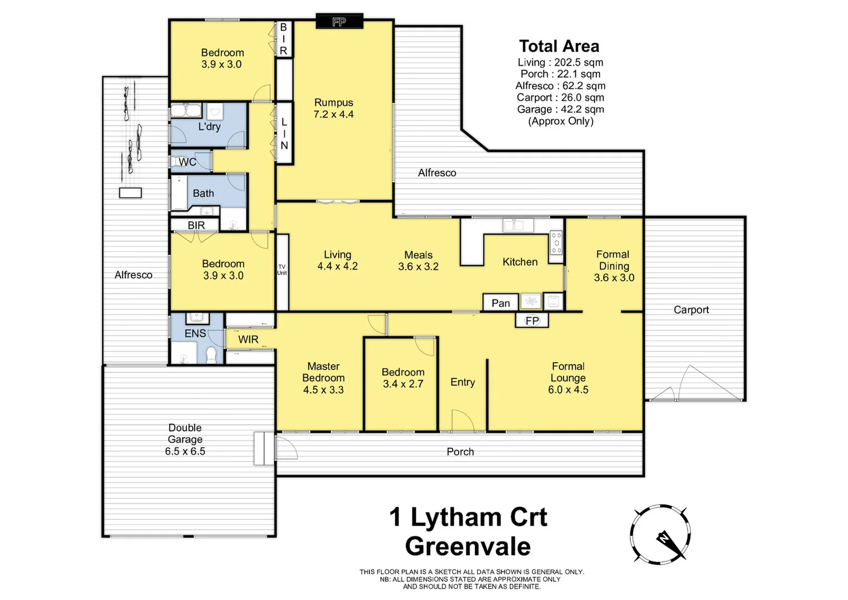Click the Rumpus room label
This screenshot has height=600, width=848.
(333, 103)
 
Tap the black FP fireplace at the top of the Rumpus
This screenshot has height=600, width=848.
(339, 22)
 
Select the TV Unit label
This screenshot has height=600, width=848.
(282, 270)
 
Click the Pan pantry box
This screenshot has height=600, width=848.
(500, 303)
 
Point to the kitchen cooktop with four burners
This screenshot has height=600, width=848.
(556, 243)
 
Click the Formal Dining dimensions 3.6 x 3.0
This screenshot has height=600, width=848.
(614, 278)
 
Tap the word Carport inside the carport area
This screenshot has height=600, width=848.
(691, 310)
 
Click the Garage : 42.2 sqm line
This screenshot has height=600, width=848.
(560, 109)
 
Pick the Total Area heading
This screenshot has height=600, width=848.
(559, 46)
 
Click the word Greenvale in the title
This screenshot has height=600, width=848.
(468, 546)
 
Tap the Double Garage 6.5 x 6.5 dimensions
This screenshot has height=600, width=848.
(185, 451)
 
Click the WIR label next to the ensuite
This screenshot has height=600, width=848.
(248, 339)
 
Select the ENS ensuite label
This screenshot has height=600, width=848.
(195, 333)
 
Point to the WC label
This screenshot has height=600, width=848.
(187, 162)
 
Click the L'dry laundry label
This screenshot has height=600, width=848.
(209, 127)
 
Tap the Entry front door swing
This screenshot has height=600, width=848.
(462, 421)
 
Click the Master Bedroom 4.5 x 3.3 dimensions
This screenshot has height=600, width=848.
(323, 390)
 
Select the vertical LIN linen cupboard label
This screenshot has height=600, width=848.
(284, 133)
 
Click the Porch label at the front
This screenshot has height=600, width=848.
(460, 452)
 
